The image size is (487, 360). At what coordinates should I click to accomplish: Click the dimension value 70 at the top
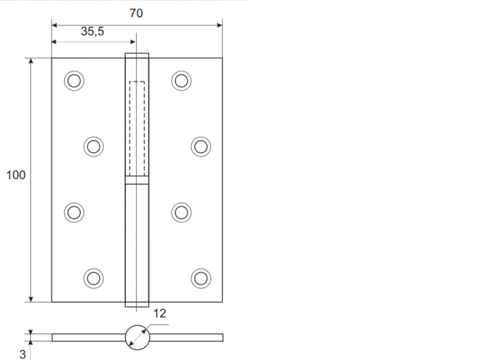coord(136,13)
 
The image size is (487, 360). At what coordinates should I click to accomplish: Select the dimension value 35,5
coord(92,31)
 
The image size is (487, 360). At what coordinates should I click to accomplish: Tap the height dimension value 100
coord(16,175)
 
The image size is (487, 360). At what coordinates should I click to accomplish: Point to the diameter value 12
coord(159,313)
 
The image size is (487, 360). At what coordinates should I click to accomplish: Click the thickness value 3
coord(22,354)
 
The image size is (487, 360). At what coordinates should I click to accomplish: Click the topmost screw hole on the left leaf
coord(74,81)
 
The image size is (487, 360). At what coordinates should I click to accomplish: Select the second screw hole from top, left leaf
coord(93,147)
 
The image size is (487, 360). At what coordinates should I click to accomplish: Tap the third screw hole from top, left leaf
coord(74,212)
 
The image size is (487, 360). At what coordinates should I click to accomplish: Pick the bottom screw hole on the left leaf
coord(93,277)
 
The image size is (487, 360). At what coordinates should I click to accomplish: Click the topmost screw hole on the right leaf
coord(181,81)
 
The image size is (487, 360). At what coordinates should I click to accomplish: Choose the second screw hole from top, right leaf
coord(200,147)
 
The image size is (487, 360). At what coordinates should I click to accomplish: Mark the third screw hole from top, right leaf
coord(181,212)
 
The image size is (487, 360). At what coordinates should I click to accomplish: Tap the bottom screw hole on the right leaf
coord(200,277)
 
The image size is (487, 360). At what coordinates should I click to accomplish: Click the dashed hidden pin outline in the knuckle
coord(137,127)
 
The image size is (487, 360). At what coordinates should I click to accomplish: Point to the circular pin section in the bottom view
coord(137,337)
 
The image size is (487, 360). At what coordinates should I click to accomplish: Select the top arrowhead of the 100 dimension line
coord(31,61)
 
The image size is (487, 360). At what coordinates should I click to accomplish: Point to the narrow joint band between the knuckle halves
coord(137,179)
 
